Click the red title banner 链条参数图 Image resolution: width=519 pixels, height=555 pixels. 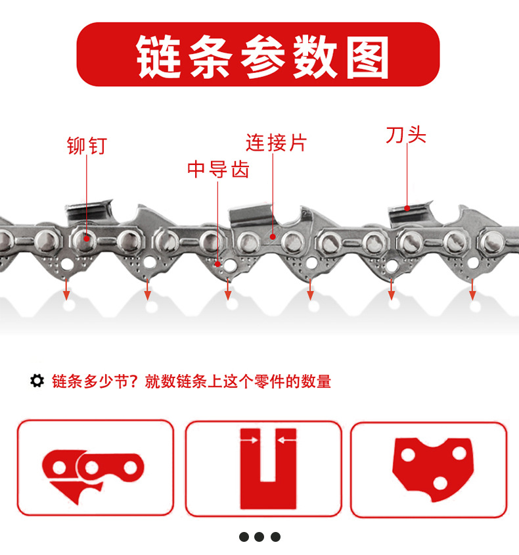(x=258, y=54)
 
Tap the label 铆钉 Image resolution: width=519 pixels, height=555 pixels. (x=87, y=145)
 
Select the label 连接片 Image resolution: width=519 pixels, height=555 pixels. (x=276, y=143)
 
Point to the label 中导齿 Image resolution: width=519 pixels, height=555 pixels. (x=218, y=169)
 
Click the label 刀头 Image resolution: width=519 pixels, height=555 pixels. (x=406, y=135)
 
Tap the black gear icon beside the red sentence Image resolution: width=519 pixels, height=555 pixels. (x=37, y=381)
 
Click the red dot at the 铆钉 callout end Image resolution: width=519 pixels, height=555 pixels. (x=87, y=239)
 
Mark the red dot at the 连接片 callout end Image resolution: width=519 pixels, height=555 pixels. (x=273, y=237)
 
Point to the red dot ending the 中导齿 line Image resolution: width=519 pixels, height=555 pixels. (x=217, y=264)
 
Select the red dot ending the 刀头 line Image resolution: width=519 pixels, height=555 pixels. (x=407, y=208)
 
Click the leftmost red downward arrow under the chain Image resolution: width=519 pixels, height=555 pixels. (x=66, y=289)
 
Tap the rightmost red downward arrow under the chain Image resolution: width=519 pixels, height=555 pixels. (x=472, y=289)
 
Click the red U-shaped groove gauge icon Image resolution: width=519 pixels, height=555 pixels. (x=268, y=469)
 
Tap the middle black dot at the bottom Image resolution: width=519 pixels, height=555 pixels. (x=259, y=537)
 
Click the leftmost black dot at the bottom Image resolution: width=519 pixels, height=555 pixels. (x=244, y=537)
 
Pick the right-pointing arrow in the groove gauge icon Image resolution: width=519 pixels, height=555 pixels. (x=250, y=440)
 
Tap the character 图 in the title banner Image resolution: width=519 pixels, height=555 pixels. (x=367, y=57)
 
